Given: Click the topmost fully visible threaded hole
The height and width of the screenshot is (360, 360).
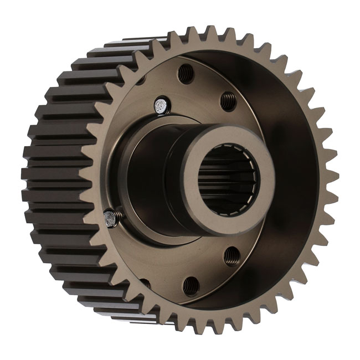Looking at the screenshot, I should point(186,72).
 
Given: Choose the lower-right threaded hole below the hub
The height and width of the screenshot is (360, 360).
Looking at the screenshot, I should point(230,255).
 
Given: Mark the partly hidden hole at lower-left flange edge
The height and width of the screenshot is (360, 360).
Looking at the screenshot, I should point(145,283).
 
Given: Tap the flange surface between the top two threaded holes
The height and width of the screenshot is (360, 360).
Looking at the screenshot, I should point(208,83).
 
